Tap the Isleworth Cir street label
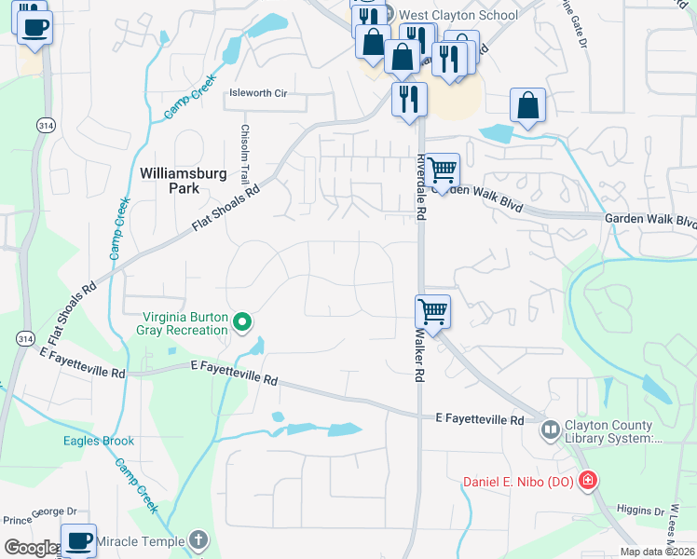258,93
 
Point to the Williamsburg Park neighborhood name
170,180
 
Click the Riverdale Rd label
421,186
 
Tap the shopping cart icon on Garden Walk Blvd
443,170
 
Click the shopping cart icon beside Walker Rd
433,310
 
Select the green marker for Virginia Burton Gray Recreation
242,323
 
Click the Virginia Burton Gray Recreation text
184,323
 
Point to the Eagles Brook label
93,441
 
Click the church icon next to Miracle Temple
198,539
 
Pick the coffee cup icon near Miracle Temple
79,540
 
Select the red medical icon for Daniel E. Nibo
587,481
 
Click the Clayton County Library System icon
550,429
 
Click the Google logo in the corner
30,548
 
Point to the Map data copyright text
656,552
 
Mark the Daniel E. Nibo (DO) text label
517,482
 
